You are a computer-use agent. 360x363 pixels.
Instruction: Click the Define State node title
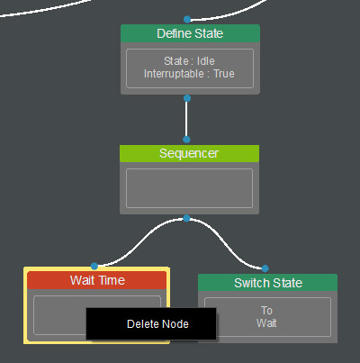click(190, 33)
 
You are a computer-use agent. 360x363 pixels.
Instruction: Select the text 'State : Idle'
click(189, 61)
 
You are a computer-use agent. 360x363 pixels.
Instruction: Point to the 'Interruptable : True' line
click(189, 74)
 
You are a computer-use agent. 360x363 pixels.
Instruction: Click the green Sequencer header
click(189, 153)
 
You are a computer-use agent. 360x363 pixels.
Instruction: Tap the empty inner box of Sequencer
click(189, 188)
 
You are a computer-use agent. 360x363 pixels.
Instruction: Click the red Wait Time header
click(97, 280)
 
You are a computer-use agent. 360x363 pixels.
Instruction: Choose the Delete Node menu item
click(157, 324)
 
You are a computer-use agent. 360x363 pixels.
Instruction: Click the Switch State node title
click(268, 283)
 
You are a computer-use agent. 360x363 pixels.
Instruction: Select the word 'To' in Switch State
click(266, 311)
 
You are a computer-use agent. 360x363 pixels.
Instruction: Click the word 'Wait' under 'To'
click(266, 323)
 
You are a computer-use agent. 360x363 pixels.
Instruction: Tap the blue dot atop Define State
click(187, 20)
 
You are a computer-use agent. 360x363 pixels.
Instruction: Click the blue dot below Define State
click(187, 98)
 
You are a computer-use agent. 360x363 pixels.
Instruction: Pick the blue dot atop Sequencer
click(186, 140)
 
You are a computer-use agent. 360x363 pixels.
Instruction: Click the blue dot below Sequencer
click(186, 218)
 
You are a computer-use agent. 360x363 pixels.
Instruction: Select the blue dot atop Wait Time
click(94, 267)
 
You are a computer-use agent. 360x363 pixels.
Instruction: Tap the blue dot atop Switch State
click(265, 268)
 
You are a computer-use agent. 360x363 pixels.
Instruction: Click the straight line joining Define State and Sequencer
click(186, 119)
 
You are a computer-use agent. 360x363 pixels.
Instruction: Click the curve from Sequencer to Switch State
click(226, 243)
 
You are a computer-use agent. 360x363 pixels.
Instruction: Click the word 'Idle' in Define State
click(206, 61)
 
